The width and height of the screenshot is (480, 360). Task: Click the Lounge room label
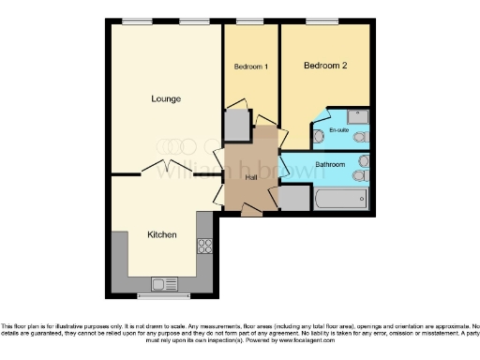tap(166, 98)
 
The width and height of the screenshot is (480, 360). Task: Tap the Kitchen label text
tap(161, 234)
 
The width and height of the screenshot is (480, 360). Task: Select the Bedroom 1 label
tap(250, 67)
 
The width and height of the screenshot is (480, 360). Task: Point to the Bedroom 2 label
tap(324, 66)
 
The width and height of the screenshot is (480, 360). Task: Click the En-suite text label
tap(338, 128)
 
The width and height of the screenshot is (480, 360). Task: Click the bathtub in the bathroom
tap(339, 199)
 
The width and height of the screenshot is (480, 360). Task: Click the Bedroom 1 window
tap(250, 22)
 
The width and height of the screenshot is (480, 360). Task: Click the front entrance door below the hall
tap(252, 211)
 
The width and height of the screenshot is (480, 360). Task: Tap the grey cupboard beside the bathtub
tap(294, 198)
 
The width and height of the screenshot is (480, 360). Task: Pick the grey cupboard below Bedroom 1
tap(237, 125)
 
